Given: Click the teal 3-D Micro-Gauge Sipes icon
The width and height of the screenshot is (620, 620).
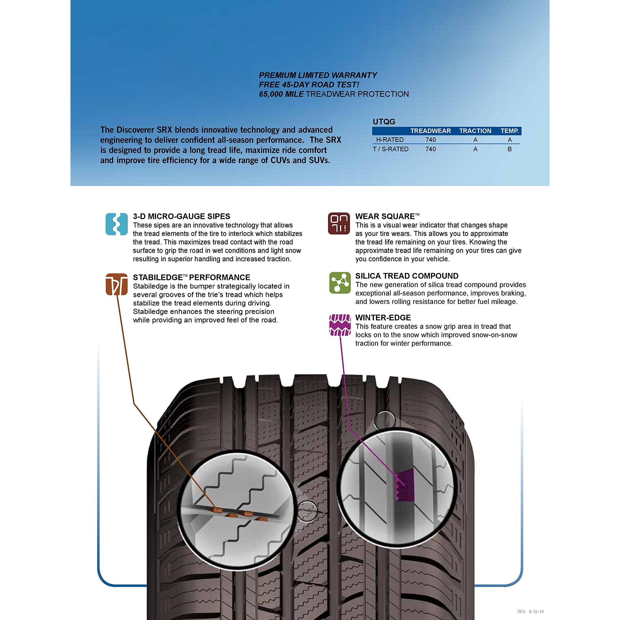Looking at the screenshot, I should tap(116, 224).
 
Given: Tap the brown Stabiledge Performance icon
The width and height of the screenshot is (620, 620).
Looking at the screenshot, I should tap(116, 284).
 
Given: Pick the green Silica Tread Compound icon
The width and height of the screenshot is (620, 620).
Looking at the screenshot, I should tap(340, 283).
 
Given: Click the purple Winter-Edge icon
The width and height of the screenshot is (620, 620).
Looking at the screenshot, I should tap(340, 325).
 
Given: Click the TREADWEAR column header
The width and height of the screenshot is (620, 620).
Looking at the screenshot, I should tap(430, 131).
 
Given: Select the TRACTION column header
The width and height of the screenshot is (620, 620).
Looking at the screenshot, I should tap(475, 131).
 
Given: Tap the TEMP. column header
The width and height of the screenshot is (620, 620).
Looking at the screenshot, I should tap(510, 131).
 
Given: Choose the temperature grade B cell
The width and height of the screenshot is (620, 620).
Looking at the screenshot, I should tap(510, 149).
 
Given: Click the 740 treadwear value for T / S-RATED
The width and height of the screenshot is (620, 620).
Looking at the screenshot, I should tap(430, 149).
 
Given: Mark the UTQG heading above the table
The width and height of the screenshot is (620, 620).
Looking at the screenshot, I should tap(384, 122).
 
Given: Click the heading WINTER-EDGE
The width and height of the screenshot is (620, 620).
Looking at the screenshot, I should tap(383, 318).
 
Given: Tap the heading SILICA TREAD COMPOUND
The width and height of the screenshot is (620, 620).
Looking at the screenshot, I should tap(407, 276).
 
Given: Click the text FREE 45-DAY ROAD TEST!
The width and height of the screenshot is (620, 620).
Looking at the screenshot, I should tap(309, 85).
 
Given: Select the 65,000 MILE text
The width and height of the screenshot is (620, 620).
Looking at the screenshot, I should tap(281, 94).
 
